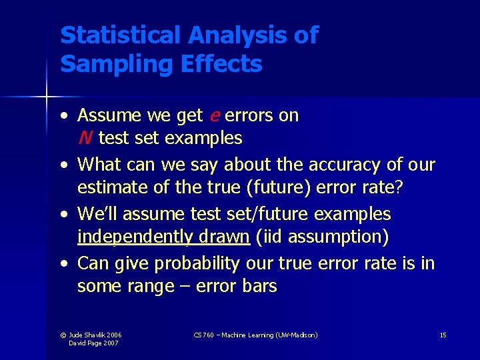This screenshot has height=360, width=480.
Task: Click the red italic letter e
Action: point(214,115)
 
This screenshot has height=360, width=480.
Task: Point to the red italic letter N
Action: point(84,139)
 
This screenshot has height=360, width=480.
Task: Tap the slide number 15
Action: point(443,335)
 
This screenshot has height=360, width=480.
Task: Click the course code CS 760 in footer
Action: point(203,335)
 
